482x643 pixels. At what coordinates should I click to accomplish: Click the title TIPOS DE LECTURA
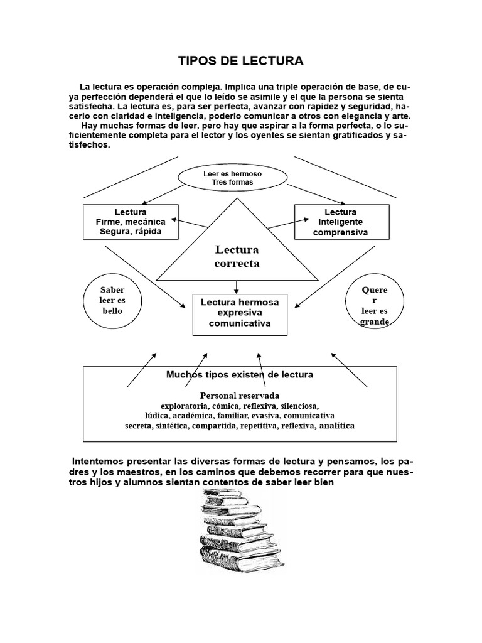click(242, 61)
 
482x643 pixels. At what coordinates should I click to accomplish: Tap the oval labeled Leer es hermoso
click(233, 178)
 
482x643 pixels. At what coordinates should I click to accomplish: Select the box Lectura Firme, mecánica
click(131, 222)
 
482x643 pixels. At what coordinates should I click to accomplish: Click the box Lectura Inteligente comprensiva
click(340, 222)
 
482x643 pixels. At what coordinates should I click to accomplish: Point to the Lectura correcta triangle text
click(237, 257)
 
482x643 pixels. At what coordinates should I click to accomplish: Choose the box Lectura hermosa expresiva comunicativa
click(240, 313)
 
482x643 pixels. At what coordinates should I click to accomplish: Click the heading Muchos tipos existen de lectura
click(240, 374)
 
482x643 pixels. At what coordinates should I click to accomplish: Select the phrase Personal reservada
click(240, 396)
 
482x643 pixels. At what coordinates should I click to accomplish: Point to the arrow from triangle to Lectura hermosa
click(237, 287)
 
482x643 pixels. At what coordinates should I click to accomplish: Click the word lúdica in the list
click(157, 416)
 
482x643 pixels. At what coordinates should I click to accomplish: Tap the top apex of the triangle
click(237, 199)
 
